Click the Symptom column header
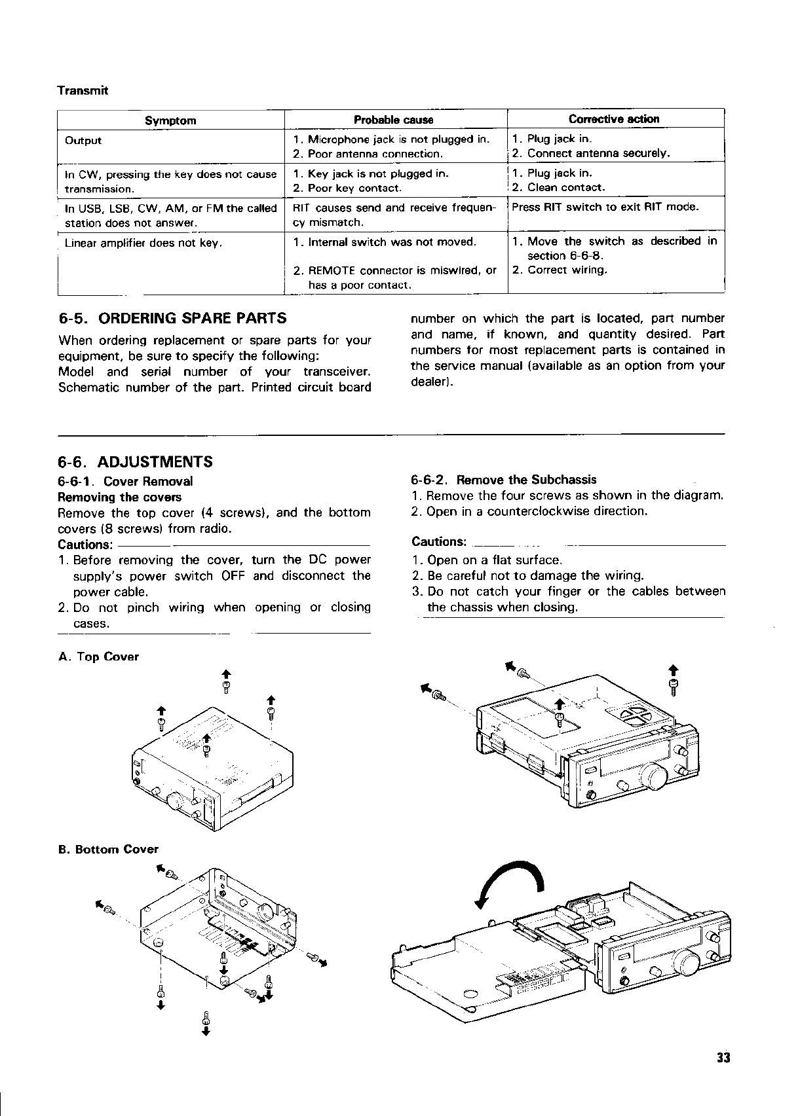point(170,120)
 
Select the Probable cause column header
point(393,120)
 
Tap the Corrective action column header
point(614,119)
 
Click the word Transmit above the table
point(82,90)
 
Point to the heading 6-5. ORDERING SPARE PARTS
point(173,319)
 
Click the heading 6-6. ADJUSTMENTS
point(136,462)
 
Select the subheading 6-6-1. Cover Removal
point(126,482)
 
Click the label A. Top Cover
point(98,657)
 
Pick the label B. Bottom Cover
point(108,850)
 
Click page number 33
point(723,1058)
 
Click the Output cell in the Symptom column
point(84,140)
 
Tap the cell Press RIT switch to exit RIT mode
point(605,207)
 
